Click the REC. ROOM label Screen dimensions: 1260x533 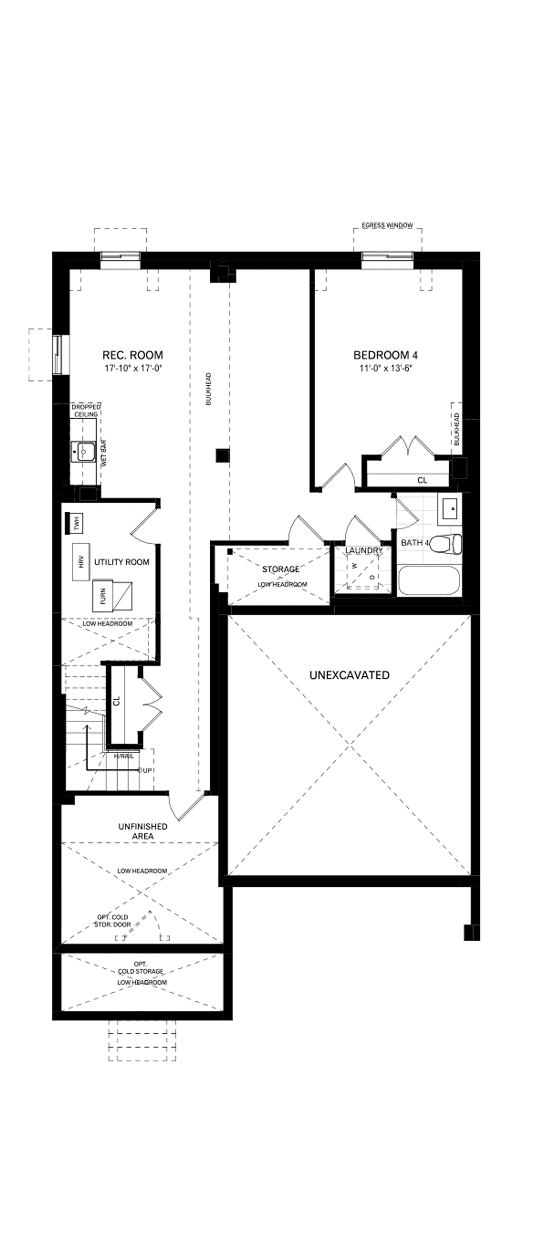[x=132, y=355]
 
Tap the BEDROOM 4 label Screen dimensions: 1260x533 [x=386, y=355]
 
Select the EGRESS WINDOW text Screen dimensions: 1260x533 [x=387, y=225]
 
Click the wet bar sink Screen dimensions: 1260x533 [x=82, y=451]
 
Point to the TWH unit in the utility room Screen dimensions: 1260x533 [x=76, y=524]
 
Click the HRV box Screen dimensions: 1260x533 [x=81, y=562]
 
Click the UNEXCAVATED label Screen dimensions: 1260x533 [x=350, y=675]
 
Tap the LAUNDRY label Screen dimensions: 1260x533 [x=364, y=551]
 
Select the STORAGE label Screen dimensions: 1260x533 [x=281, y=569]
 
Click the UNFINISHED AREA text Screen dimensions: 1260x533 [x=143, y=831]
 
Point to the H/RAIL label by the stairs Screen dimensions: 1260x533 [x=124, y=756]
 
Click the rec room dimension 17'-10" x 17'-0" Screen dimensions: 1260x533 [x=132, y=368]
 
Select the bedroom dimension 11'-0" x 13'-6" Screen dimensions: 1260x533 [x=386, y=368]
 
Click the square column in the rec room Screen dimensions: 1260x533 [x=222, y=456]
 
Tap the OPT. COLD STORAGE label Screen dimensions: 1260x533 [x=141, y=968]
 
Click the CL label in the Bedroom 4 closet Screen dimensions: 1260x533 [x=422, y=480]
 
